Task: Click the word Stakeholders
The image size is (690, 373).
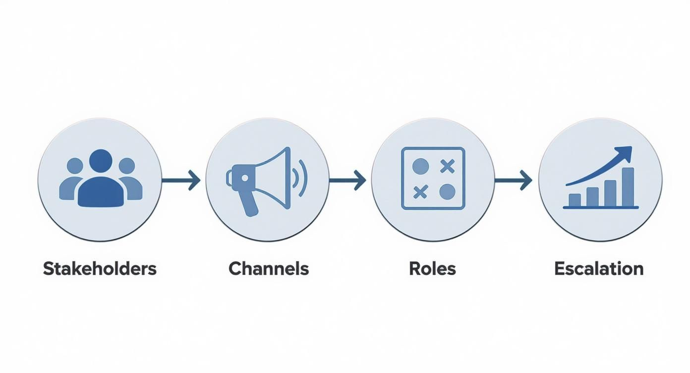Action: coord(100,269)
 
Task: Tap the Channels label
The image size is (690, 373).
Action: coord(269,269)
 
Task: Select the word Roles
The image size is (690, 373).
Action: coord(432,269)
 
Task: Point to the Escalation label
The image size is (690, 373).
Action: coord(599,269)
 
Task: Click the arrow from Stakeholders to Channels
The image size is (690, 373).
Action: coord(181,180)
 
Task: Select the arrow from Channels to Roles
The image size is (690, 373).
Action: coord(348,180)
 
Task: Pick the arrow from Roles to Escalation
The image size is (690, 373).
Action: coord(514,180)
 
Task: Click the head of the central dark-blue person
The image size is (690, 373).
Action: coord(101,161)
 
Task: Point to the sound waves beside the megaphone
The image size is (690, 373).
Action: coord(300,180)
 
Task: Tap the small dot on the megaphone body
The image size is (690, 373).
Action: coord(244,177)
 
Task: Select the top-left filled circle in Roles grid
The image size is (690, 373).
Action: coord(420,166)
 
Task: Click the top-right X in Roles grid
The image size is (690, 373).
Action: coord(447,166)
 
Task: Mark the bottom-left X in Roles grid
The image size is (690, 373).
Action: coord(420,191)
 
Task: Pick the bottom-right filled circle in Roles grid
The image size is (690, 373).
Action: coord(447,191)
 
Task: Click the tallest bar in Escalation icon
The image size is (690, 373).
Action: coord(628,187)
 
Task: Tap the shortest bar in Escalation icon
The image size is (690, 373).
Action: coord(575,200)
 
